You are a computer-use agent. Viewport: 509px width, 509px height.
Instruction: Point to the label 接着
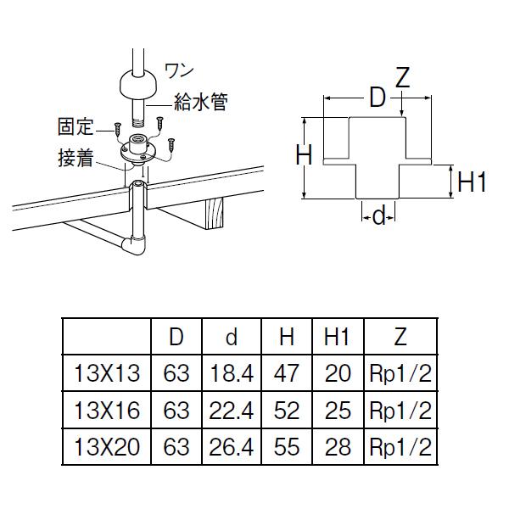pyautogui.click(x=75, y=157)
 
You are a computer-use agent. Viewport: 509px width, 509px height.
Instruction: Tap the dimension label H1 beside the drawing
pyautogui.click(x=471, y=182)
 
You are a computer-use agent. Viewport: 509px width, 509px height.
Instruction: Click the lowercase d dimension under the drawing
pyautogui.click(x=379, y=217)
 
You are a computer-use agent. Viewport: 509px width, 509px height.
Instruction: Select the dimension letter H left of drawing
pyautogui.click(x=305, y=155)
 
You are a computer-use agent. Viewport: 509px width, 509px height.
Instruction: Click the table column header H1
pyautogui.click(x=338, y=338)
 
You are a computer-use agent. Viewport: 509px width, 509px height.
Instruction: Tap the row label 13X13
pyautogui.click(x=107, y=374)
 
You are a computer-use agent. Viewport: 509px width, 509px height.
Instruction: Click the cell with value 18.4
pyautogui.click(x=231, y=374)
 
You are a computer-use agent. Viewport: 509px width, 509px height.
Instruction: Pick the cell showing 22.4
pyautogui.click(x=231, y=411)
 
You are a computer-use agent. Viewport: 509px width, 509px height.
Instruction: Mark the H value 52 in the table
pyautogui.click(x=288, y=411)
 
